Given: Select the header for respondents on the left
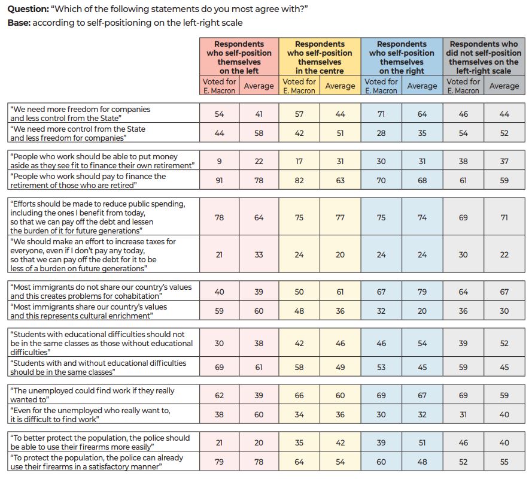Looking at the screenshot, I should point(239,57).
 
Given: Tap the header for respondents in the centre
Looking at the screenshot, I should point(320,57).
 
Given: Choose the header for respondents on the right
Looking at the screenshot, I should point(402,57).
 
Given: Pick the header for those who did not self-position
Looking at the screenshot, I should point(484,57).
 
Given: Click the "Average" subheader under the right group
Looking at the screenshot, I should point(422,86).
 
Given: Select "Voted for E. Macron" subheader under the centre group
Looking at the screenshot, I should point(299,86).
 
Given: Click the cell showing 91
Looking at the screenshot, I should point(219,181).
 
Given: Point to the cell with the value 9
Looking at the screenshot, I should point(219,162).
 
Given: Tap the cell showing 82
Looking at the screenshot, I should point(299,181).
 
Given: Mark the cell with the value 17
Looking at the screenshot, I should point(299,162).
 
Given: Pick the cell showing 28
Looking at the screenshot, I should point(381,133).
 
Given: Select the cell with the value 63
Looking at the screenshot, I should point(340,181).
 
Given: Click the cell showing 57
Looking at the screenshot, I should point(299,114).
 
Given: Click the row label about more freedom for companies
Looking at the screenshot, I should point(80,114).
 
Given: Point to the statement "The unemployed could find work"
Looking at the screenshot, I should point(92,395).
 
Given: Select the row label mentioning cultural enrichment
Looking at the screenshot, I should point(89,311).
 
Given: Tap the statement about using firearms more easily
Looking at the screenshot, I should point(99,442).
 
